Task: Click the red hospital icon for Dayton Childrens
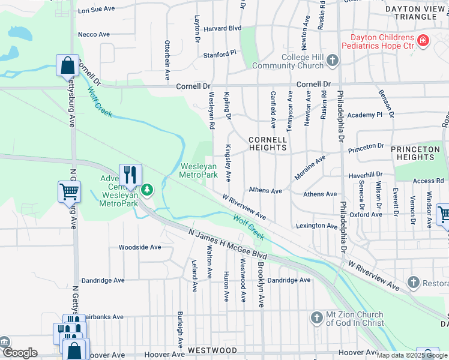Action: click(x=424, y=40)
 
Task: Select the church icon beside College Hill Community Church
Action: click(x=332, y=61)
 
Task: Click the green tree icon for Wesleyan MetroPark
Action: click(x=147, y=191)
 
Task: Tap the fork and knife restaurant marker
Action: click(x=130, y=175)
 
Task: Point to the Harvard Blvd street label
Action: click(x=223, y=28)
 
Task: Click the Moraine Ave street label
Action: click(x=310, y=168)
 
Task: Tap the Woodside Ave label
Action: click(x=139, y=247)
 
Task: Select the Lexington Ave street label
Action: click(x=316, y=226)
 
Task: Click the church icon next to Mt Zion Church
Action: click(x=317, y=318)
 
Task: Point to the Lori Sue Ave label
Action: click(x=96, y=9)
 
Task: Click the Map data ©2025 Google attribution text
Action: click(x=412, y=355)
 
